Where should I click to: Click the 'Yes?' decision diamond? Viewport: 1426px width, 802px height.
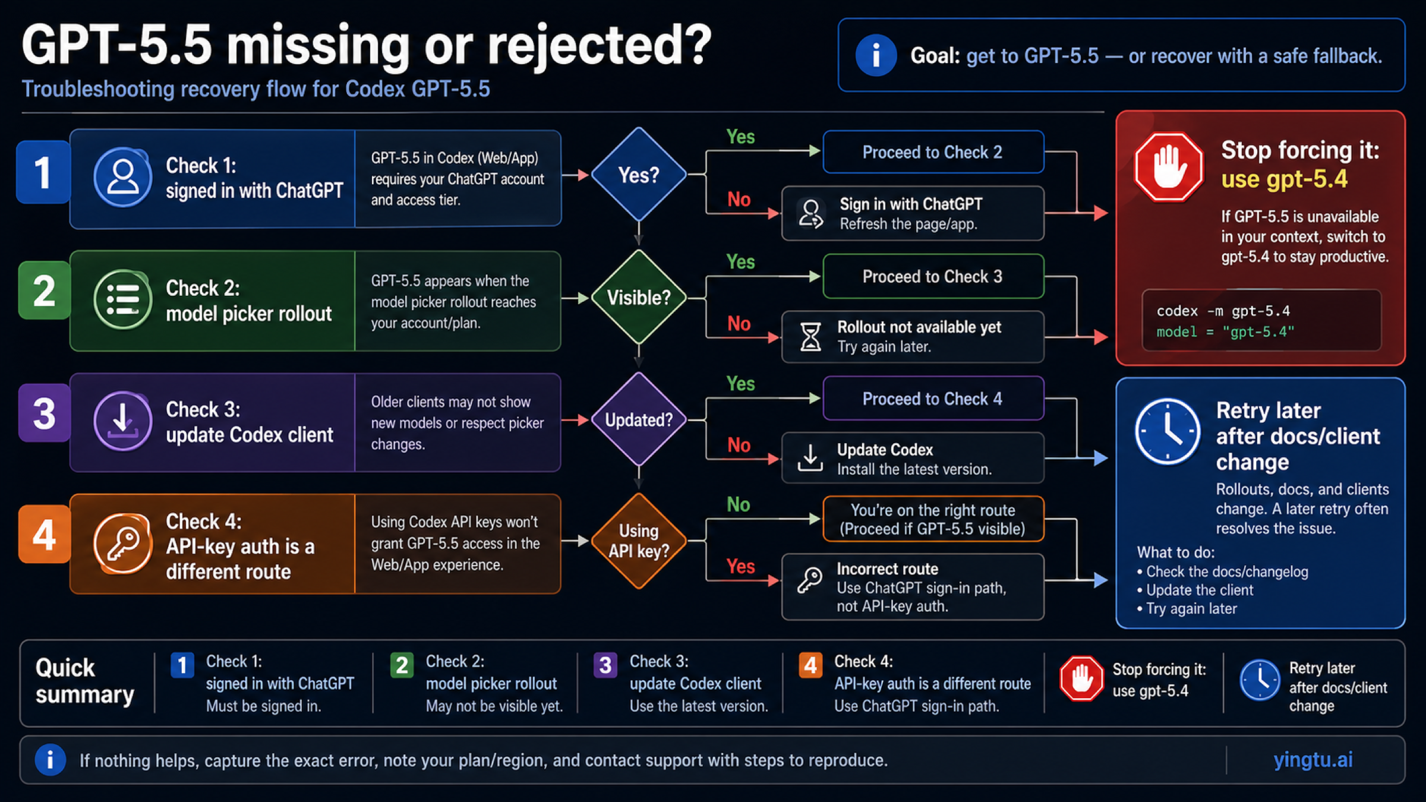coord(639,175)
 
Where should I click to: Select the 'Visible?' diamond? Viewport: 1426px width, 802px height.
coord(639,297)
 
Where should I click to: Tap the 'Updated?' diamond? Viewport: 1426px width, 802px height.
coord(639,419)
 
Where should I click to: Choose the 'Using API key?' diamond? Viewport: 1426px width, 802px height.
coord(639,541)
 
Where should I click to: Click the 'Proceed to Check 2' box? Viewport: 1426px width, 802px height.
coord(932,152)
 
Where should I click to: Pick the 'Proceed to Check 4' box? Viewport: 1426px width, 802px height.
coord(932,399)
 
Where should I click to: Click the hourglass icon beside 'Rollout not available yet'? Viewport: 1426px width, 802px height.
coord(810,337)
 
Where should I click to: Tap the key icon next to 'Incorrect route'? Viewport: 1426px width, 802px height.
coord(810,580)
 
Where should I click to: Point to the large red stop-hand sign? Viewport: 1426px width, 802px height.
coord(1169,167)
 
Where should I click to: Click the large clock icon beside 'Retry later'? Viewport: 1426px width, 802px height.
coord(1168,431)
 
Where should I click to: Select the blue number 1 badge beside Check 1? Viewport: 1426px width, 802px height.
coord(43,172)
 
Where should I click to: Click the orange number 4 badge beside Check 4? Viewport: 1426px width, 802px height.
coord(45,535)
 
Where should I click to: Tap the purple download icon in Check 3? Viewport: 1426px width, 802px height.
coord(123,421)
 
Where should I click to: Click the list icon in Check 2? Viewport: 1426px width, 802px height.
coord(123,299)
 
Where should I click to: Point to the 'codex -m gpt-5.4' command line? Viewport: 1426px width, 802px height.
coord(1223,311)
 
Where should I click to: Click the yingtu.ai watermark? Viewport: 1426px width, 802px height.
coord(1313,760)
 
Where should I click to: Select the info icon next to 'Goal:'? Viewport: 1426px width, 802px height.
coord(876,55)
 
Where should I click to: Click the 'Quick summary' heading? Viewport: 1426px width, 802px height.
coord(84,681)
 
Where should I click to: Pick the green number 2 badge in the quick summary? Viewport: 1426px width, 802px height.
coord(402,665)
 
